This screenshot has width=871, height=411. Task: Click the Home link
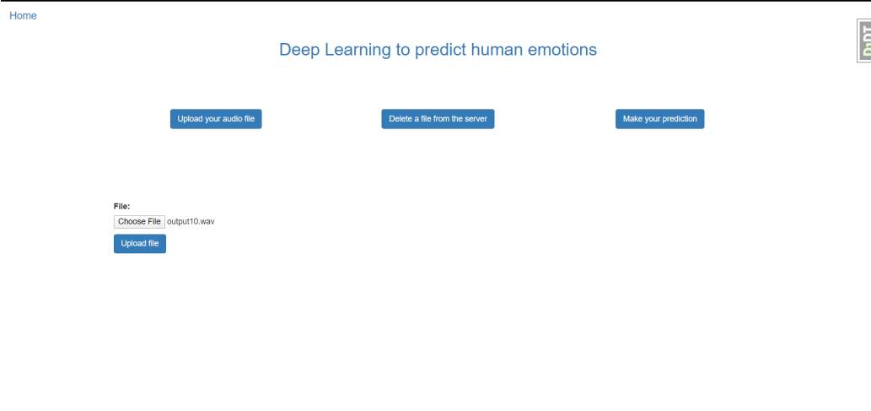coord(23,16)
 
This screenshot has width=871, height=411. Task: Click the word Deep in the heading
coord(299,50)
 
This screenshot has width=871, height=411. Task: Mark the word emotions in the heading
coord(565,50)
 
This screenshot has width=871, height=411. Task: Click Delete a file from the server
coord(438,119)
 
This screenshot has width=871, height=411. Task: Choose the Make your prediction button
coord(659,119)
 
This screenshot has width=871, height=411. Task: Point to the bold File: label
coord(121,206)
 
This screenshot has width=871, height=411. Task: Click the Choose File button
coord(139,222)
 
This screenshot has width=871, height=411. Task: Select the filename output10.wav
coord(191,222)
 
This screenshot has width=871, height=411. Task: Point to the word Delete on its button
coord(401,119)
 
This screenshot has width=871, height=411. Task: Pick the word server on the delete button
coord(476,119)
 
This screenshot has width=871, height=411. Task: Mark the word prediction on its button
coord(680,119)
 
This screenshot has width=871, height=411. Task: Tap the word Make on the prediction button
coord(632,119)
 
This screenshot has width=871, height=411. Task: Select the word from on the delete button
coord(443,119)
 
